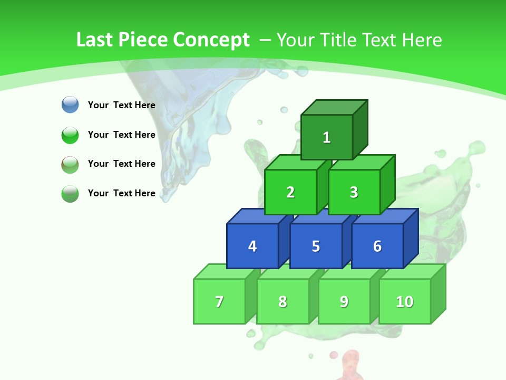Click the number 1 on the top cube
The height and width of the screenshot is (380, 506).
(x=327, y=138)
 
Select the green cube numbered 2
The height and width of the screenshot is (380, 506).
(x=290, y=192)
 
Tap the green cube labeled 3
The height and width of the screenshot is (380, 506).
(x=354, y=192)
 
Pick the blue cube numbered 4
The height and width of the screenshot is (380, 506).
(x=252, y=246)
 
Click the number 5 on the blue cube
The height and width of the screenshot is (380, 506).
(x=316, y=246)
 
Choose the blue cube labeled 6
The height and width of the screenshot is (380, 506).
(x=377, y=246)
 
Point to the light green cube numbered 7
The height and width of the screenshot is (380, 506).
(x=219, y=301)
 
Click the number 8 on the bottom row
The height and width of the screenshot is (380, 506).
(x=283, y=301)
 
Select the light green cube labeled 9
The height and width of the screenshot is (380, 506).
(x=344, y=301)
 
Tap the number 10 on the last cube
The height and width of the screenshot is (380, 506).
(x=404, y=301)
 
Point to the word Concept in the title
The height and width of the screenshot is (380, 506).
(x=211, y=40)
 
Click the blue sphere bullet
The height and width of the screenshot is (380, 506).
(x=70, y=104)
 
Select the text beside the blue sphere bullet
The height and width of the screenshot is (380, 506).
(x=122, y=105)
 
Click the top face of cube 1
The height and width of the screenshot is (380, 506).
(x=334, y=107)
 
